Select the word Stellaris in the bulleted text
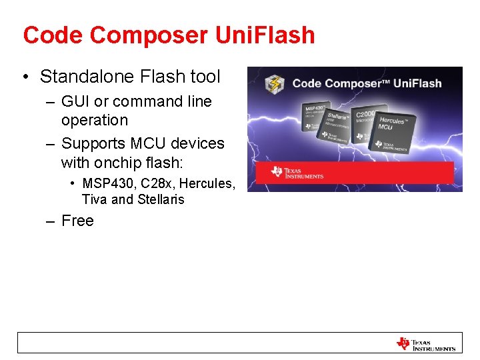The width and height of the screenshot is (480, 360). point(161,199)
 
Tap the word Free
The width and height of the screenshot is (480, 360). point(77,221)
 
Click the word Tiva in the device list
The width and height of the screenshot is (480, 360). point(94,199)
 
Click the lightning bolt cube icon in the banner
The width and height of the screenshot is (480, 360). point(275,84)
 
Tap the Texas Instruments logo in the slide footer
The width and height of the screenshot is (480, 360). point(426,343)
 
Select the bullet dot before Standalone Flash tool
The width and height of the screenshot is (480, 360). point(25,77)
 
